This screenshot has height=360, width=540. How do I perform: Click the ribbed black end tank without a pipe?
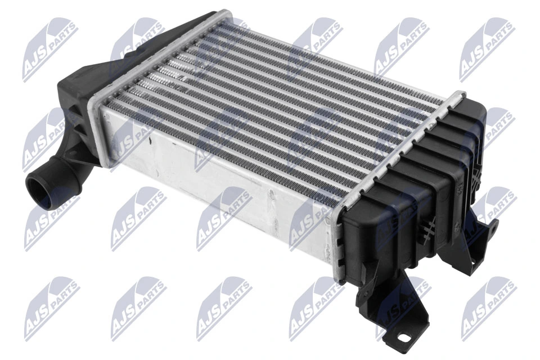416,191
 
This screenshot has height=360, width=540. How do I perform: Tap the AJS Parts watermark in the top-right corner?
487,48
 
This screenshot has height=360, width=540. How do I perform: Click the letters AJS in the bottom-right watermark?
475,321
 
